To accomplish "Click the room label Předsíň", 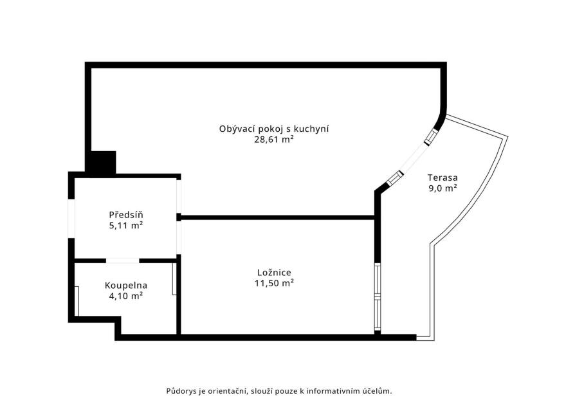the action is pyautogui.click(x=126, y=215).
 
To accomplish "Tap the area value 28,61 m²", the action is pyautogui.click(x=274, y=140).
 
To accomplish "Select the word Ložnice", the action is pyautogui.click(x=274, y=273).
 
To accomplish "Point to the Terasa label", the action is pyautogui.click(x=443, y=178).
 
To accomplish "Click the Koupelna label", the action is pyautogui.click(x=126, y=286).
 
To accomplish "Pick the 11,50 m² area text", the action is pyautogui.click(x=274, y=283).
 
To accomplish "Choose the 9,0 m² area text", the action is pyautogui.click(x=443, y=188).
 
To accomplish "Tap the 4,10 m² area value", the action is pyautogui.click(x=126, y=296).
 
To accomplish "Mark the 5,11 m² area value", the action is pyautogui.click(x=126, y=226).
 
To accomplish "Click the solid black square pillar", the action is pyautogui.click(x=103, y=161).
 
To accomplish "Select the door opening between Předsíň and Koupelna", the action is pyautogui.click(x=123, y=260).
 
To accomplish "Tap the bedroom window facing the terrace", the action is pyautogui.click(x=378, y=297).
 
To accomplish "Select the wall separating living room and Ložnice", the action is pyautogui.click(x=278, y=217).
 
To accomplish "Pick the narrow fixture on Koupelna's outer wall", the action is pyautogui.click(x=77, y=301).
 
